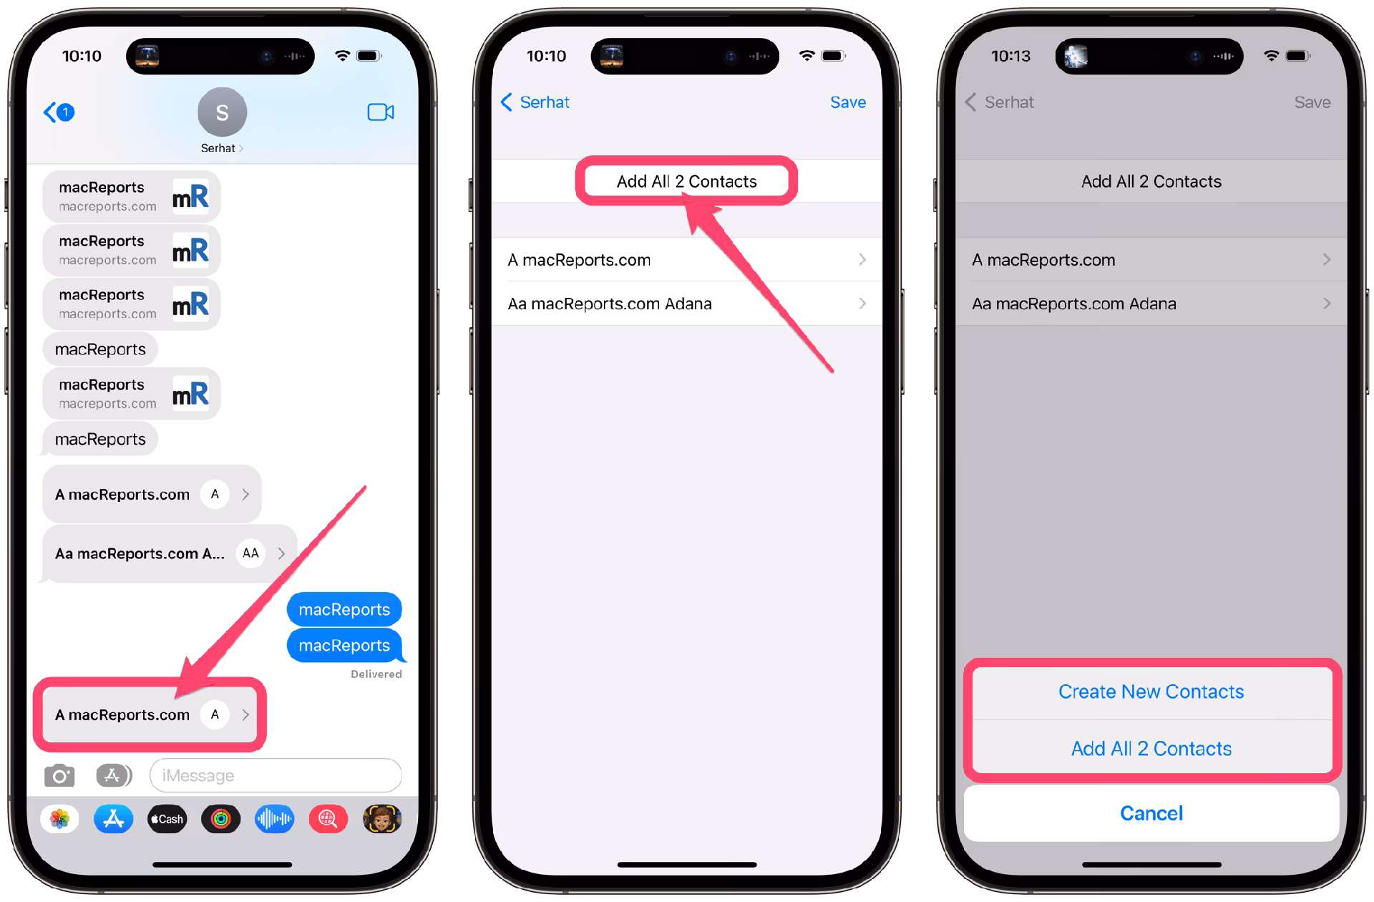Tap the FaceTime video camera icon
click(x=380, y=112)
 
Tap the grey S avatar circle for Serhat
click(x=222, y=112)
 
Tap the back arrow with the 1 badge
click(x=59, y=112)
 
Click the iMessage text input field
click(x=276, y=775)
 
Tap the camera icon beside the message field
click(x=59, y=775)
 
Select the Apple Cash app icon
click(x=167, y=819)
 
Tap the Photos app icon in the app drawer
click(x=59, y=819)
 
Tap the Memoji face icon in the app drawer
click(x=382, y=819)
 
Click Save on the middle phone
click(x=847, y=102)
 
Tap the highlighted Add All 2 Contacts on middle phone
click(x=686, y=181)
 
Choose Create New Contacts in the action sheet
click(x=1151, y=692)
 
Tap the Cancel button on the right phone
click(x=1151, y=813)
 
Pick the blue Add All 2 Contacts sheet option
click(x=1151, y=749)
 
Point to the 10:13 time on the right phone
click(x=1010, y=56)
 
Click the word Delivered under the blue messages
click(x=376, y=674)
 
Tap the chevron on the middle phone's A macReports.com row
click(x=862, y=259)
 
